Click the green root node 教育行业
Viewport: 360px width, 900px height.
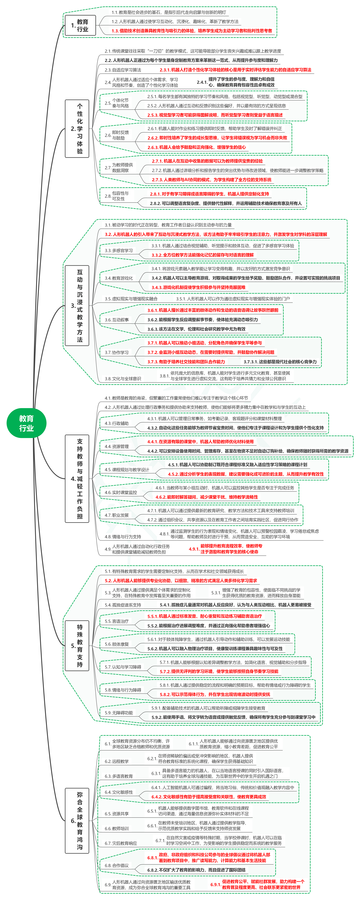26,423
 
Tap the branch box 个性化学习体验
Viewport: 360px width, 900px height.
77,129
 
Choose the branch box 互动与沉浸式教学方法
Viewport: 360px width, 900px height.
77,305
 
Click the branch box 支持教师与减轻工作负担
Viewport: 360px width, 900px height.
77,478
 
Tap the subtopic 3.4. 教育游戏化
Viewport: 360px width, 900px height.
119,278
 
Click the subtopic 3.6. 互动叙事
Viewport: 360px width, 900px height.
117,320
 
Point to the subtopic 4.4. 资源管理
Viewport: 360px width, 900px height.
117,446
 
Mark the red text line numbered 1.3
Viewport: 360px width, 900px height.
192,31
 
